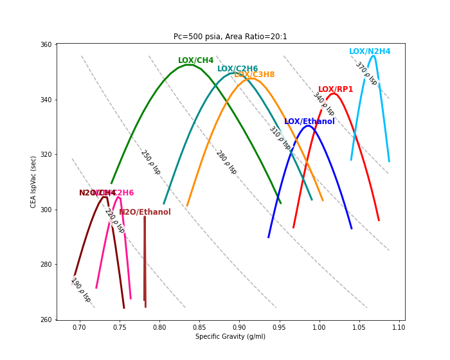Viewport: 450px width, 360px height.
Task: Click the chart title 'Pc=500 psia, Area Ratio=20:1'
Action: [x=230, y=37]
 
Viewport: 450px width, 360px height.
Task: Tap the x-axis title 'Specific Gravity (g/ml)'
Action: [x=230, y=336]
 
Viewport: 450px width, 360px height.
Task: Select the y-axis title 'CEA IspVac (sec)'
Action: [x=34, y=182]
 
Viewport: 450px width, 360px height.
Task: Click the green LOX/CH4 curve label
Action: [x=195, y=60]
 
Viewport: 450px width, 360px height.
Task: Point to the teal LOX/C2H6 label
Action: [x=237, y=69]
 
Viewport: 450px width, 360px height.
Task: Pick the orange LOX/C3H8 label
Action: [x=255, y=75]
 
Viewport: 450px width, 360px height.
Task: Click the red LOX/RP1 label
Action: [x=336, y=89]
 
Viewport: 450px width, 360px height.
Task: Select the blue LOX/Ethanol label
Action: [x=309, y=122]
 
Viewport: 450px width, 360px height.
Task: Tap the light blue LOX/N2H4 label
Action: [x=370, y=51]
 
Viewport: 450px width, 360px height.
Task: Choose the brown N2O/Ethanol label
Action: [x=145, y=212]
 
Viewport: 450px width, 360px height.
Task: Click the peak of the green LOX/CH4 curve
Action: [x=187, y=65]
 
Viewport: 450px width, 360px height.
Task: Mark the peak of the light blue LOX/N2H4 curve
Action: [x=373, y=56]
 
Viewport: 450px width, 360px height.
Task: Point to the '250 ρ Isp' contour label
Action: [x=150, y=162]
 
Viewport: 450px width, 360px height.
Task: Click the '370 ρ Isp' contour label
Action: [x=366, y=74]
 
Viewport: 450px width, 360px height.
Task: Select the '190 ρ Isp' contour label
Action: [x=80, y=290]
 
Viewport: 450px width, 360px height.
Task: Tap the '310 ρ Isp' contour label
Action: [x=280, y=138]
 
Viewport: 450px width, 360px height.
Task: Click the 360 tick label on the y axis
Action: [x=46, y=45]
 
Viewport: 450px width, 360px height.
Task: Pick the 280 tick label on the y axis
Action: [x=46, y=265]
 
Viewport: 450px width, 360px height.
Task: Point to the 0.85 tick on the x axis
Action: [x=199, y=327]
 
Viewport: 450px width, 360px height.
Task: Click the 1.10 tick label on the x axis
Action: [x=399, y=327]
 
